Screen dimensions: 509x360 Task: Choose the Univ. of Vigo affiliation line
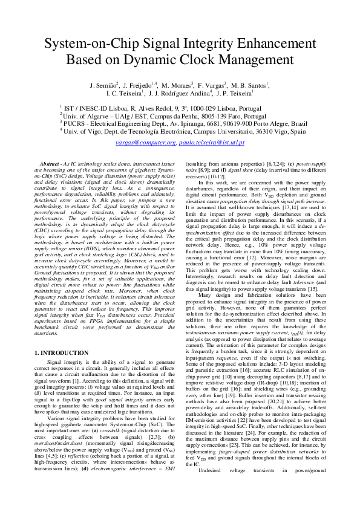[x=180, y=131]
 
